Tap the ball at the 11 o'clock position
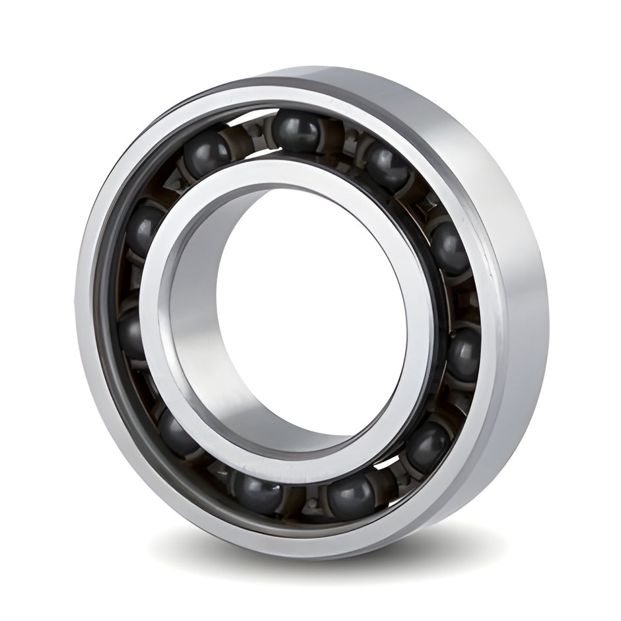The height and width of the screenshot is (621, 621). click(x=207, y=153)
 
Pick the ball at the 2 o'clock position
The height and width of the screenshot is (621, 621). click(x=450, y=248)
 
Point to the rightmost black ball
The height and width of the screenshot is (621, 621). click(x=464, y=353)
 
